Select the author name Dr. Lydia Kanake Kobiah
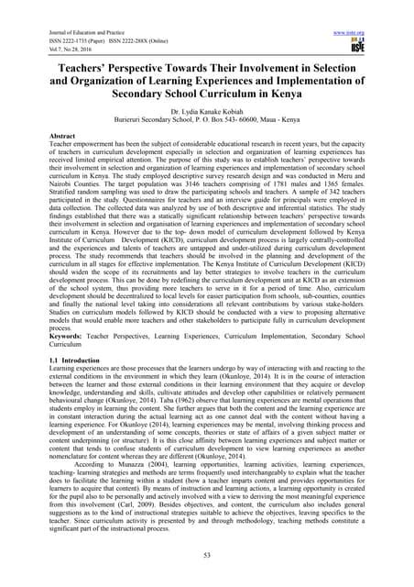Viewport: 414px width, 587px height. [206, 109]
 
